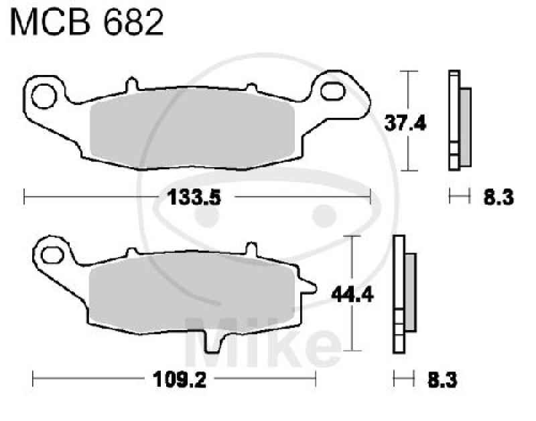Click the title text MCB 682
click(86, 24)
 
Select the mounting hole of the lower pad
click(49, 255)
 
